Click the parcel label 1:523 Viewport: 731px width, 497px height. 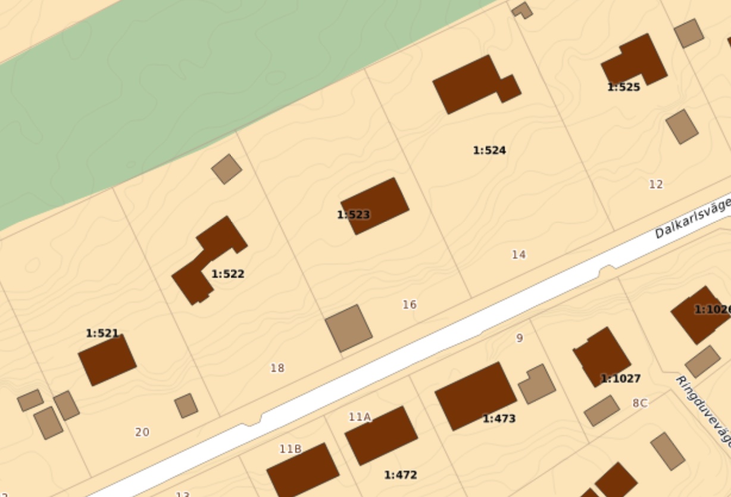(x=354, y=215)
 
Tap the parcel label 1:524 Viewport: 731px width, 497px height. (x=489, y=150)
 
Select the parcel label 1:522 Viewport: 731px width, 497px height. (x=228, y=274)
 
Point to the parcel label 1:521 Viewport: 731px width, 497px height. (x=102, y=333)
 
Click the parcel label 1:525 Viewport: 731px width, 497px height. (x=623, y=87)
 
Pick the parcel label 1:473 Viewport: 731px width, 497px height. (x=499, y=418)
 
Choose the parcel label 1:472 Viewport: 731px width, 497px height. (x=400, y=475)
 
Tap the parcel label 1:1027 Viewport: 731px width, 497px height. (x=620, y=378)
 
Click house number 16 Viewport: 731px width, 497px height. (x=410, y=305)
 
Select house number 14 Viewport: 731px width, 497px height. (x=518, y=254)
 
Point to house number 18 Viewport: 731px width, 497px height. (x=277, y=368)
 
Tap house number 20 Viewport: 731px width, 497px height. (x=142, y=432)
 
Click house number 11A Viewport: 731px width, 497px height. (x=360, y=417)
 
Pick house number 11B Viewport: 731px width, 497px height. (x=290, y=449)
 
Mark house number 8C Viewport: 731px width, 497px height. (x=640, y=403)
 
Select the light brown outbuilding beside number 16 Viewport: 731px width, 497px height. (x=349, y=328)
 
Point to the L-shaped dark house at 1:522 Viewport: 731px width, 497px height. (x=208, y=260)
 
